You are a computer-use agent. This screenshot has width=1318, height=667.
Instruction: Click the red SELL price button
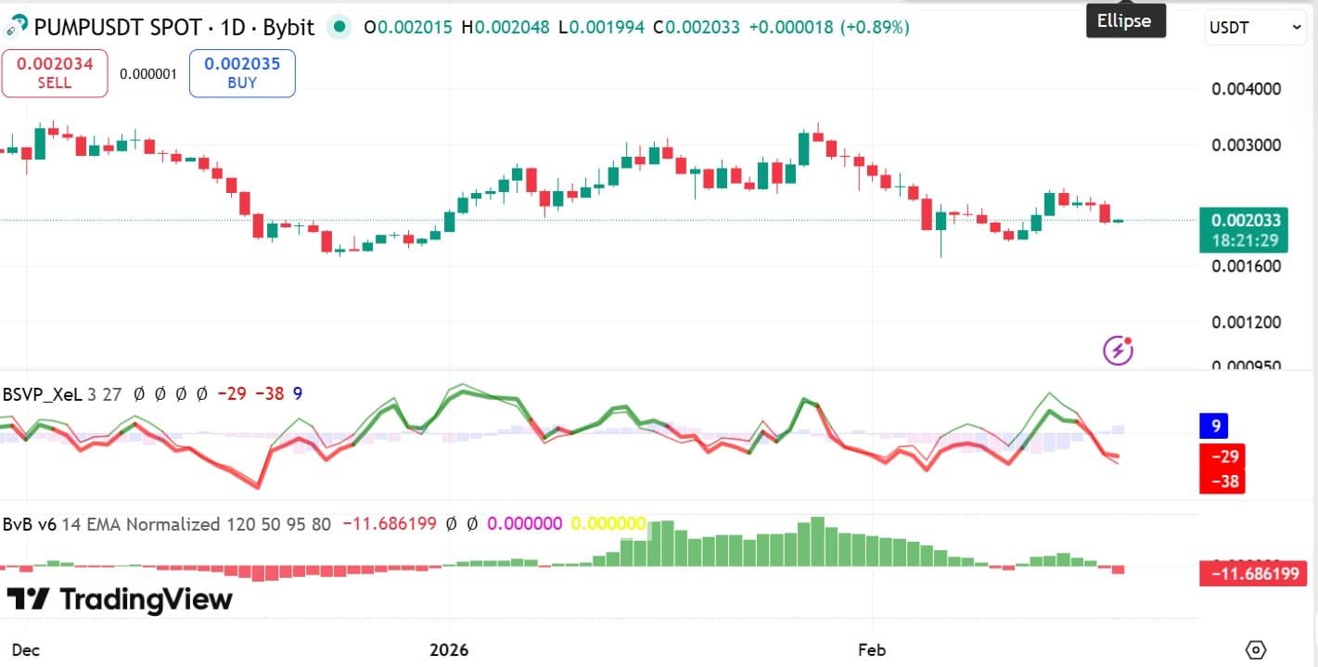click(x=54, y=73)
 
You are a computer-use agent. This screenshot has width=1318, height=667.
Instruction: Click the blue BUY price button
click(x=241, y=73)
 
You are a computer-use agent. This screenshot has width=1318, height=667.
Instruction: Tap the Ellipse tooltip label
click(x=1125, y=20)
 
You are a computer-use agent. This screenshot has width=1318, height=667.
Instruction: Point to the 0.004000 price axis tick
click(x=1247, y=89)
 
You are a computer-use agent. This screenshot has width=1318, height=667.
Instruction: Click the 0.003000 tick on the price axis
click(x=1247, y=146)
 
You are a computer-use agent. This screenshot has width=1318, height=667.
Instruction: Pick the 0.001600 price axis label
click(x=1247, y=266)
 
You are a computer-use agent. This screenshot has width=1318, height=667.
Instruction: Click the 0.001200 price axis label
click(x=1247, y=322)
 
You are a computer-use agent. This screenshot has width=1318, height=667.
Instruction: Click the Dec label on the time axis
click(x=26, y=649)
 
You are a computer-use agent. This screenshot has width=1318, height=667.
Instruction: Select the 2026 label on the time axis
click(x=449, y=649)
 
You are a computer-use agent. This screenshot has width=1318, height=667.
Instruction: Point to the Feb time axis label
click(x=872, y=649)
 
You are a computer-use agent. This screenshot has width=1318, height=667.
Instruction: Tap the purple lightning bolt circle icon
click(x=1118, y=351)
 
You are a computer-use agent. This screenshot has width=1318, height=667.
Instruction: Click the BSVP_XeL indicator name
click(x=42, y=394)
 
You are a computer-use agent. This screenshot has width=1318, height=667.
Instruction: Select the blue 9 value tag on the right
click(x=1214, y=427)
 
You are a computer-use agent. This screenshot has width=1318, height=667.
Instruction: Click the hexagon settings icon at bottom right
click(x=1256, y=649)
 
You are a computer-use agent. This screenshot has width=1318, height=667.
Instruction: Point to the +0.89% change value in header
click(x=875, y=28)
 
